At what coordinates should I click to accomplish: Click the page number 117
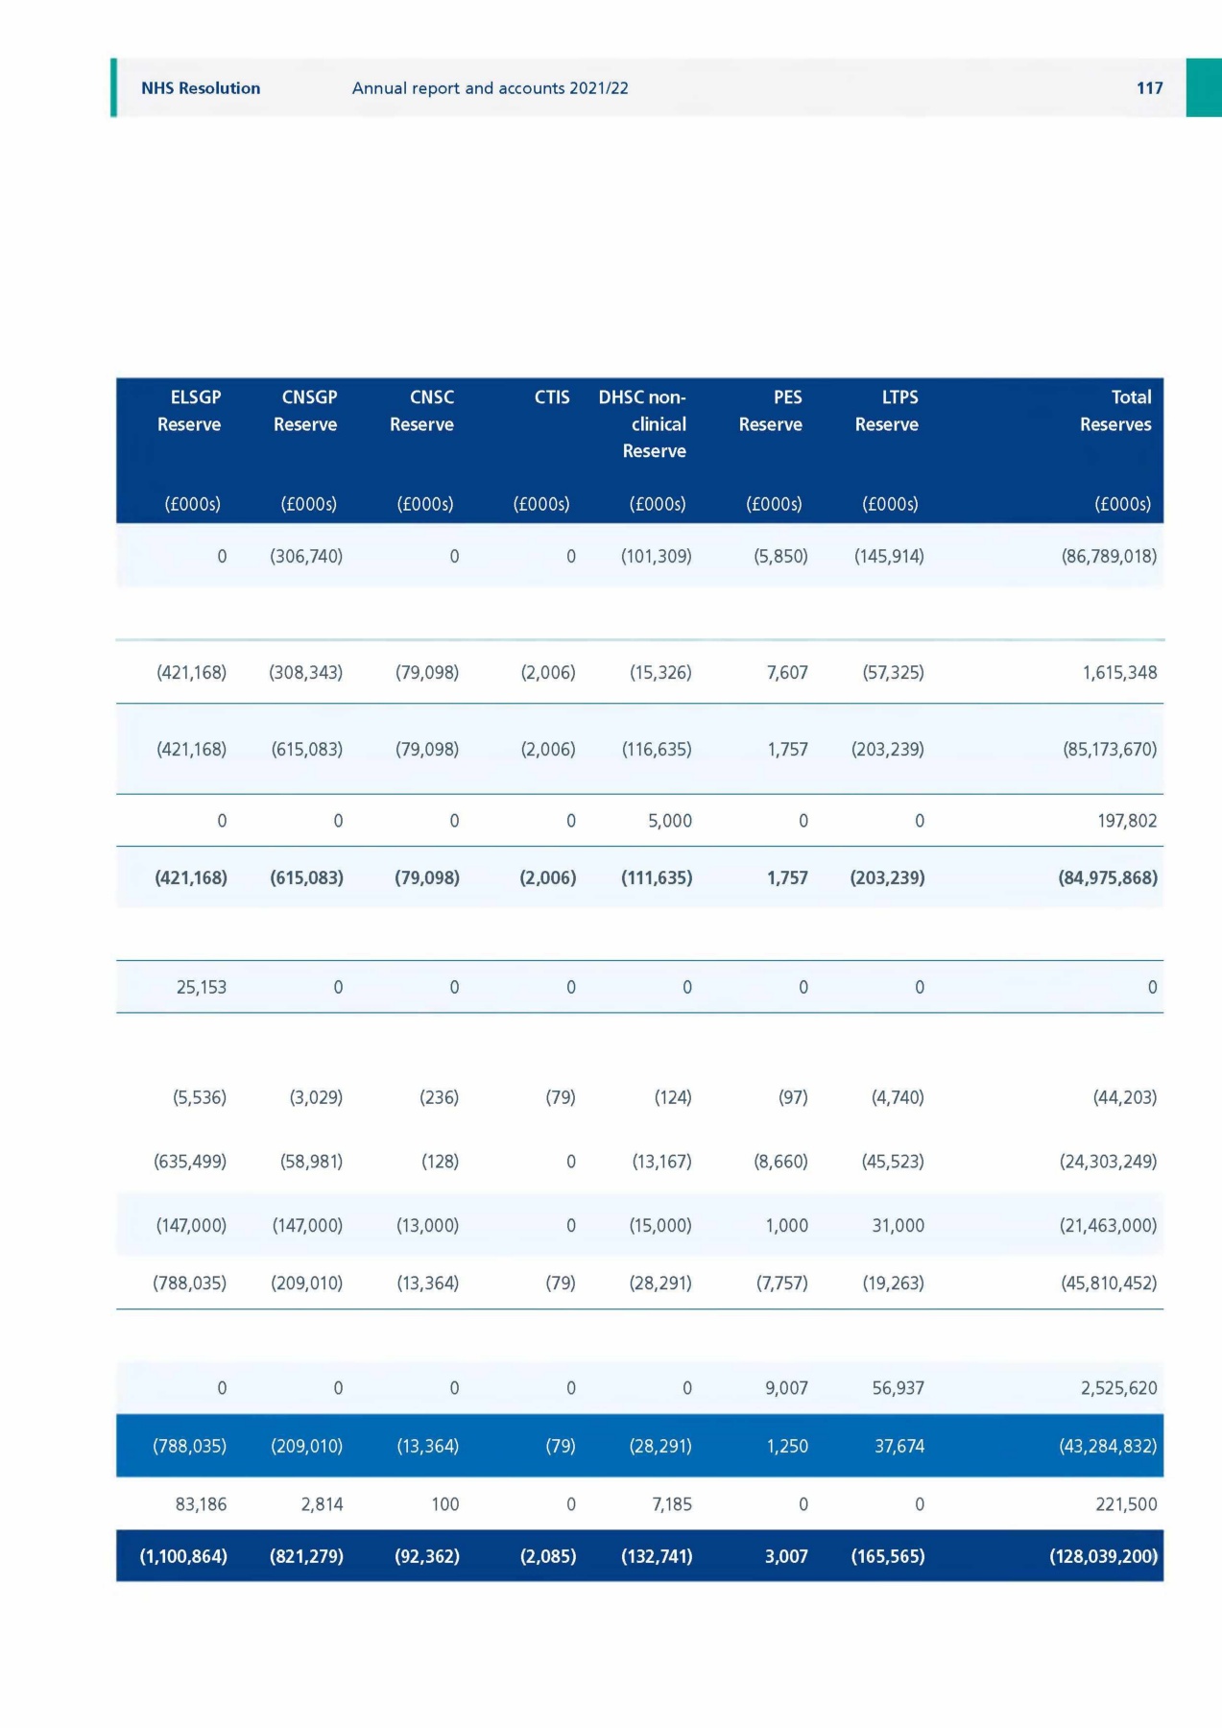coord(1149,88)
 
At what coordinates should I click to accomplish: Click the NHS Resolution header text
coord(201,88)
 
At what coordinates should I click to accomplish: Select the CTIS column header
coord(552,397)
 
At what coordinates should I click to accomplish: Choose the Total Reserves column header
coord(1116,411)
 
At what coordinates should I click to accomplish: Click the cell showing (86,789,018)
coord(1109,556)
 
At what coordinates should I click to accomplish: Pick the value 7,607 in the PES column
coord(787,672)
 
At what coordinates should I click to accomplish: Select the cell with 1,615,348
coord(1119,672)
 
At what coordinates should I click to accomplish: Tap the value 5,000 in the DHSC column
coord(670,821)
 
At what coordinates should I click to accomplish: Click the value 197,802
coord(1127,821)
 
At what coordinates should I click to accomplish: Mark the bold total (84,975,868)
coord(1108,877)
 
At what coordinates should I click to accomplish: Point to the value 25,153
coord(202,987)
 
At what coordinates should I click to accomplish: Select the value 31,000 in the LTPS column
coord(899,1225)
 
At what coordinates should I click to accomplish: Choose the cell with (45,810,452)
coord(1109,1283)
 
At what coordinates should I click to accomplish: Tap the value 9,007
coord(786,1388)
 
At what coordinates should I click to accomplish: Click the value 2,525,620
coord(1119,1388)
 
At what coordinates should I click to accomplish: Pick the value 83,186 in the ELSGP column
coord(201,1504)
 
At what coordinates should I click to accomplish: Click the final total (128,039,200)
coord(1104,1556)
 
